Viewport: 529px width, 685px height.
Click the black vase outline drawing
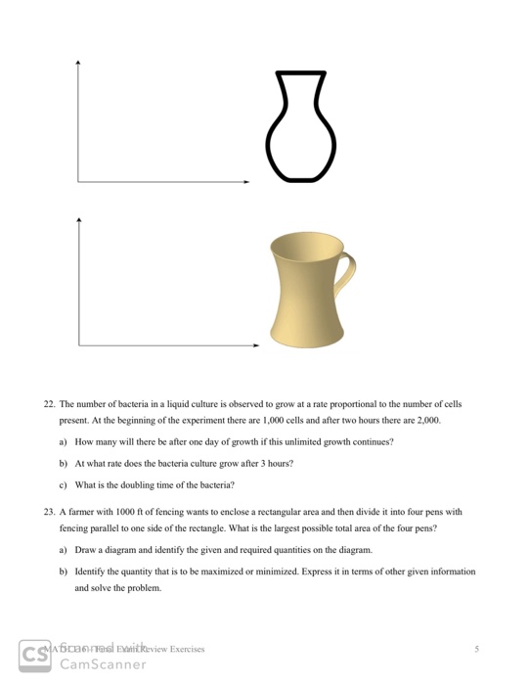point(300,126)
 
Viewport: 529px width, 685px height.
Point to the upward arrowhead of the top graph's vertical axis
point(78,64)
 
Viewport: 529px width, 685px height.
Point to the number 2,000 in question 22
point(427,420)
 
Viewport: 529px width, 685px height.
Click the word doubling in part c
point(134,484)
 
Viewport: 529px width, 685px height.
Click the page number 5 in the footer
point(476,649)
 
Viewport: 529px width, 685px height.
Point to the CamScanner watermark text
point(103,664)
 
